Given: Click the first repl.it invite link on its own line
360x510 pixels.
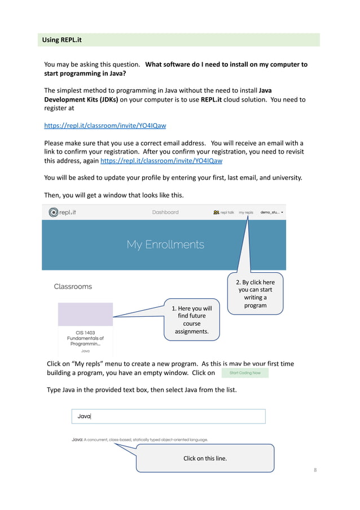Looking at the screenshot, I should [x=105, y=125].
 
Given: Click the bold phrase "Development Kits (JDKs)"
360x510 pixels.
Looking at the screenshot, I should [x=81, y=99].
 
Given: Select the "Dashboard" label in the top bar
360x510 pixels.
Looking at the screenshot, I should [x=165, y=212].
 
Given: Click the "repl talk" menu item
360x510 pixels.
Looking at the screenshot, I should [x=224, y=213].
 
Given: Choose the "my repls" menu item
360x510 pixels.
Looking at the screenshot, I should [x=246, y=213].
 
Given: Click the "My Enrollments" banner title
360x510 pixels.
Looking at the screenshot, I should [x=165, y=245].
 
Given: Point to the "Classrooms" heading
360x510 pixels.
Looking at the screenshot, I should [x=73, y=286].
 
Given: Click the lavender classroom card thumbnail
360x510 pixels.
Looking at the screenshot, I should [x=85, y=314].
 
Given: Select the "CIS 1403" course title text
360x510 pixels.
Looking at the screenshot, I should [x=85, y=332].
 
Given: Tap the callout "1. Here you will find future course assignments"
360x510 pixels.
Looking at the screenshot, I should [x=192, y=319].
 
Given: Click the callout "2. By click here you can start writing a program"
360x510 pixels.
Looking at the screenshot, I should [x=255, y=294].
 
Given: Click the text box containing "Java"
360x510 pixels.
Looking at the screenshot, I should [x=168, y=416].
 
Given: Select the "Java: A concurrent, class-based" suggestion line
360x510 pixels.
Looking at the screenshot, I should [x=139, y=439].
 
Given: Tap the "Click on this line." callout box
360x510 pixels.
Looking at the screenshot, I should [x=205, y=458].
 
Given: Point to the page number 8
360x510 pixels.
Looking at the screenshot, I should [x=315, y=470].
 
